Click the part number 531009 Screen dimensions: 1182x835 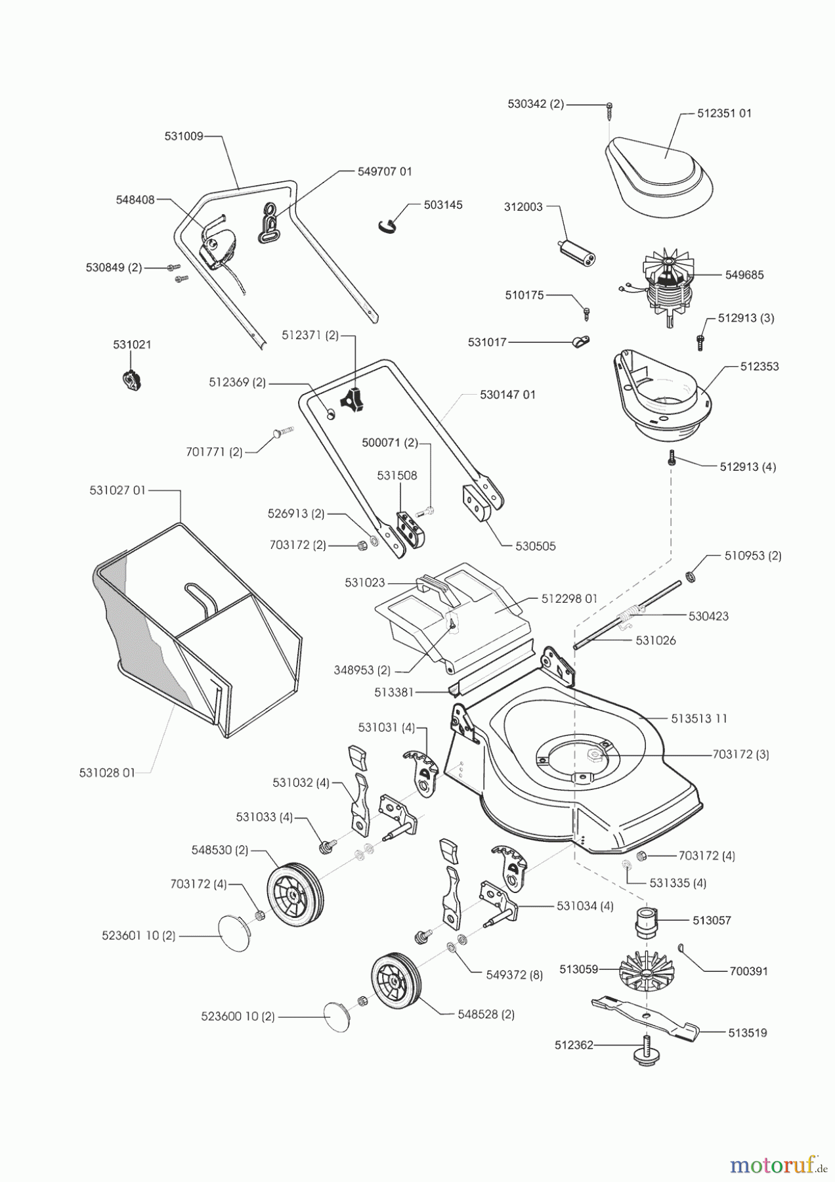point(184,137)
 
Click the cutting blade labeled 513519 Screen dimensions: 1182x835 point(647,1018)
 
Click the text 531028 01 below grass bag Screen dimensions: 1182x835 point(107,773)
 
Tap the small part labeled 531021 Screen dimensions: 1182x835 point(132,381)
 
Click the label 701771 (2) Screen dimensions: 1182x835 point(214,452)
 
